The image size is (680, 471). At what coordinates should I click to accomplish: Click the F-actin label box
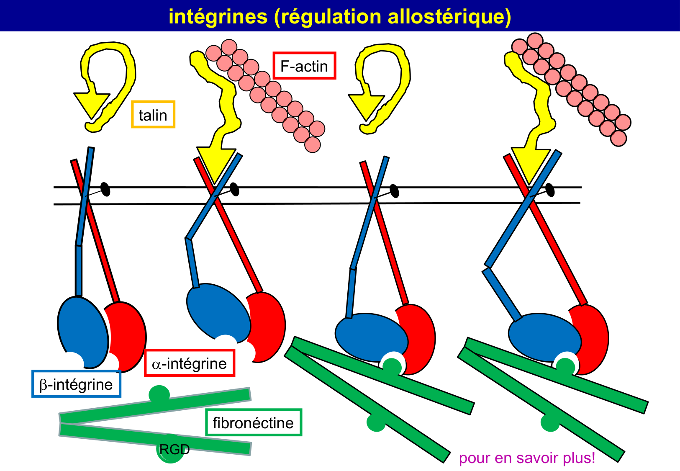(304, 66)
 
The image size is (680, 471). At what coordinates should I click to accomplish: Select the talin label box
(153, 115)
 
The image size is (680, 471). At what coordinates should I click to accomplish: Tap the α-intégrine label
(189, 363)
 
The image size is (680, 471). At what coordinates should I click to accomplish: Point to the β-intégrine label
(76, 384)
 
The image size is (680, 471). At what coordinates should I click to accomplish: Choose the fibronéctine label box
(253, 422)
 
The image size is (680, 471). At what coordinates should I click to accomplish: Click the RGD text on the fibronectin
(174, 450)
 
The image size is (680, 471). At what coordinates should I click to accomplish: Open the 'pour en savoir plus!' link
(527, 458)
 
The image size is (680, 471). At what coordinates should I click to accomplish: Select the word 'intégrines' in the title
(218, 16)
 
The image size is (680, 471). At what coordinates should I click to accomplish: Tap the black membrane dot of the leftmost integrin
(105, 189)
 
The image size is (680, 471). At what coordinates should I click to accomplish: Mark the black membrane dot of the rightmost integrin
(550, 190)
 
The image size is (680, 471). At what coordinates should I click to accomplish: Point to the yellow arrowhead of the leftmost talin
(91, 103)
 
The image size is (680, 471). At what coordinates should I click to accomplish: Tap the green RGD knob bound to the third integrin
(392, 367)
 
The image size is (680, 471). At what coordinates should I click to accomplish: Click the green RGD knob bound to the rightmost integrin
(565, 367)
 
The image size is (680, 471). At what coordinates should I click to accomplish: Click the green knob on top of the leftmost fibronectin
(159, 394)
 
